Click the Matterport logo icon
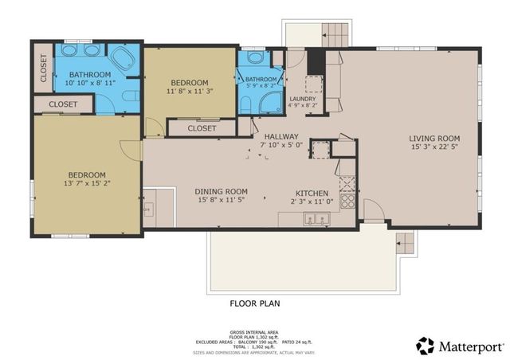(x=426, y=345)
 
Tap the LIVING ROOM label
(x=434, y=138)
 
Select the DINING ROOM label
(x=222, y=191)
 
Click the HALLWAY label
(x=281, y=136)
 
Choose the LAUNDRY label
(x=302, y=99)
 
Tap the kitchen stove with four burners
(x=347, y=195)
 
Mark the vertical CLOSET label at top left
(x=42, y=68)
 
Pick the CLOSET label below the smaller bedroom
(x=202, y=127)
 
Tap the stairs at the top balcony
(x=335, y=33)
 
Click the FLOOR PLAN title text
(x=254, y=303)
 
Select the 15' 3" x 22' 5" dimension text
(x=434, y=147)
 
